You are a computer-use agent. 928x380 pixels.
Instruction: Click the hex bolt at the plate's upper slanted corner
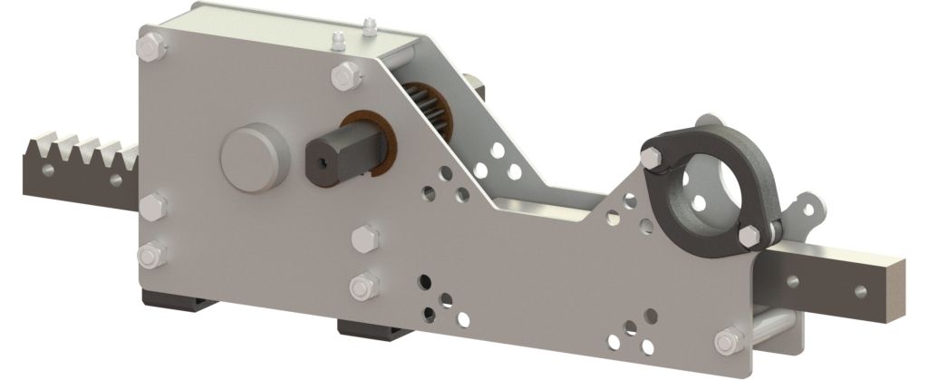pos(345,76)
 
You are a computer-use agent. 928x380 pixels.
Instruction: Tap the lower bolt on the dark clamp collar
pos(751,234)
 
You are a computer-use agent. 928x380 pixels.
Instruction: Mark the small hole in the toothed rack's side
pos(116,179)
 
